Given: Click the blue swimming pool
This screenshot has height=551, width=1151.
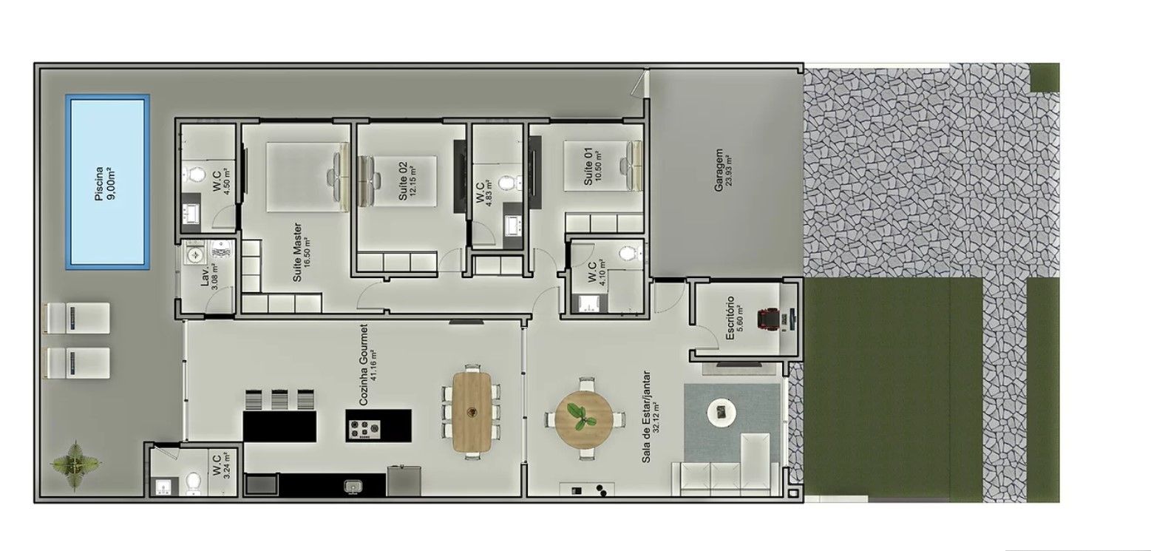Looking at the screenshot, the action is click(108, 181).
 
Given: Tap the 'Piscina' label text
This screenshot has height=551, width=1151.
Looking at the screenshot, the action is click(100, 183).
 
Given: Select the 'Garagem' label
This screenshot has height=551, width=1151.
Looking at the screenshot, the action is click(719, 171).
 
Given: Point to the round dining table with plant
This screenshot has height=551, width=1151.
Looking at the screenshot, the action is click(584, 419).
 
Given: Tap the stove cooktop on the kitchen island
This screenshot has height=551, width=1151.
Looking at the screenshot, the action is click(364, 429).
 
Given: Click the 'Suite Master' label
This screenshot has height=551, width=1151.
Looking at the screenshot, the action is click(297, 252).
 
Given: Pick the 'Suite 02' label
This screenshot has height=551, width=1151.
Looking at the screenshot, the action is click(403, 181).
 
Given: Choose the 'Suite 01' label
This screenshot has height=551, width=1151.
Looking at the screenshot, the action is click(588, 167).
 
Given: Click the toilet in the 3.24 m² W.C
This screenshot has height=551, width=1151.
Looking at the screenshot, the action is click(193, 483).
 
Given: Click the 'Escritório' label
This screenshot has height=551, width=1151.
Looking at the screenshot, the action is click(730, 317).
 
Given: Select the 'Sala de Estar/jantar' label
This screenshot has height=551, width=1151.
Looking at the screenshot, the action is click(646, 416).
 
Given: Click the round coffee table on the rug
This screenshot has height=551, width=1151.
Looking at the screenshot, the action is click(722, 412).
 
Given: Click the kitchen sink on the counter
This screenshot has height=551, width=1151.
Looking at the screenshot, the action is click(353, 485).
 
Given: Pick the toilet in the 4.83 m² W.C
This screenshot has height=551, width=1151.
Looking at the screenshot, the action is click(506, 182).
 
